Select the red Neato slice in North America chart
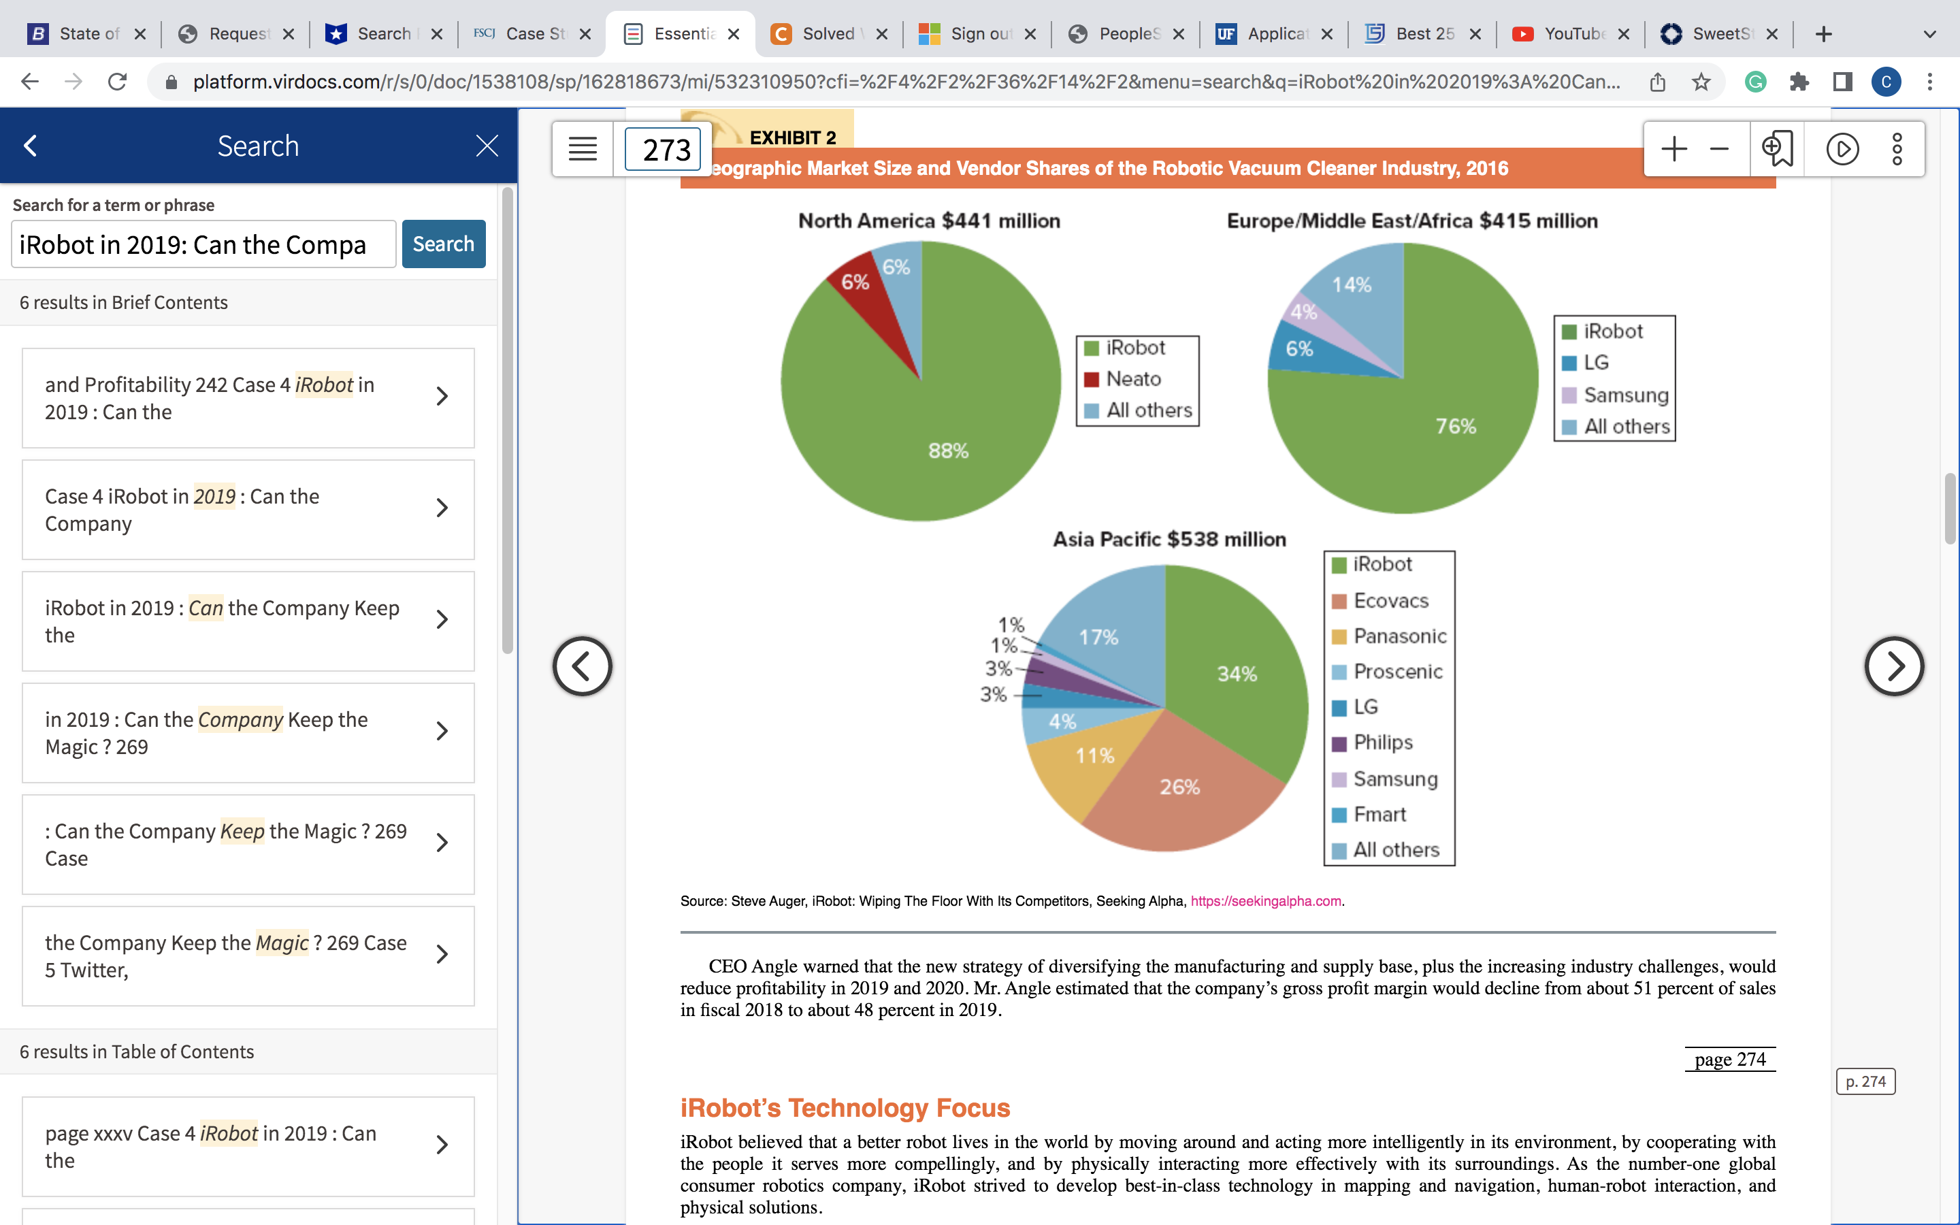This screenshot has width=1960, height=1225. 866,299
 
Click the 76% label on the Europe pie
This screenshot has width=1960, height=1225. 1456,426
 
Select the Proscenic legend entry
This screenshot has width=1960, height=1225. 1388,672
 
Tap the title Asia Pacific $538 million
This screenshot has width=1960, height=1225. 1169,540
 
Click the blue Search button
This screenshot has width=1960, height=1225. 444,244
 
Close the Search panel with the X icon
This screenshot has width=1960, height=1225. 487,146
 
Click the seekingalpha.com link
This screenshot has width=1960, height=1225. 1266,901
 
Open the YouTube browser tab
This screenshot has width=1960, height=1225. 1572,34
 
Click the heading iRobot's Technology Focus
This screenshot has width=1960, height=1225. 845,1107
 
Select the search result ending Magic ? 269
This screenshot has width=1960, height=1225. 248,733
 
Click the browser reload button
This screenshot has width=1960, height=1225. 118,82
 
